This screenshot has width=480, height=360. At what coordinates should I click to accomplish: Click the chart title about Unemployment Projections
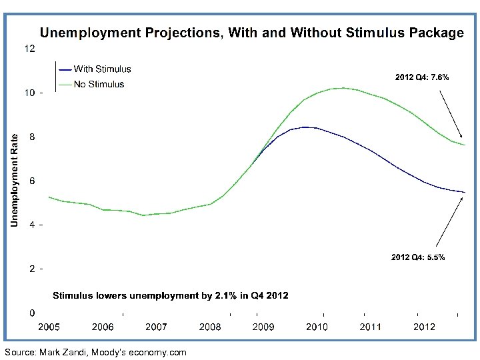coord(252,33)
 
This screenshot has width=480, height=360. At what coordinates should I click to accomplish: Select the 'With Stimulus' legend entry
coord(102,69)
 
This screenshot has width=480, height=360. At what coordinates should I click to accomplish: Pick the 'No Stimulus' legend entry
coord(99,84)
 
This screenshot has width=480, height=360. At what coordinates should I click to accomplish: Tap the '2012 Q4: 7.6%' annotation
coord(422,77)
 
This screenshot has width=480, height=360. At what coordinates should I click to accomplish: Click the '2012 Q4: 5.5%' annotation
coord(418,257)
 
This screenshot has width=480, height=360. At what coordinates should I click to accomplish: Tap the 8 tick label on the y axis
coord(31,137)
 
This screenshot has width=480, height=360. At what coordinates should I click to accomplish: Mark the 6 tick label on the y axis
coord(31,181)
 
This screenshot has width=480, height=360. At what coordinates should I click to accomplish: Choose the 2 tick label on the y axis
coord(31,269)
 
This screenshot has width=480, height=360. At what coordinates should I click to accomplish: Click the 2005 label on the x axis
coord(49,327)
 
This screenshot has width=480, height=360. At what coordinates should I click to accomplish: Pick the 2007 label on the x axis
coord(156,327)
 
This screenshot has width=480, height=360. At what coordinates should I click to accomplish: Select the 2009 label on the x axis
coord(263,327)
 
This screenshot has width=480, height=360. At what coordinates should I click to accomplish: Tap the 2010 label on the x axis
coord(317,327)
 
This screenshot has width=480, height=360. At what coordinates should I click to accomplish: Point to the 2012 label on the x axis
coord(424,327)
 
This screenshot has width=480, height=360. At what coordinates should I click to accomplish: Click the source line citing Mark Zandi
coord(95,352)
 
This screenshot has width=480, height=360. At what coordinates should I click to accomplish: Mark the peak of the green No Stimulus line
coord(342,87)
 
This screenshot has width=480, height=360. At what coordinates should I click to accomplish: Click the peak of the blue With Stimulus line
coord(305,127)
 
